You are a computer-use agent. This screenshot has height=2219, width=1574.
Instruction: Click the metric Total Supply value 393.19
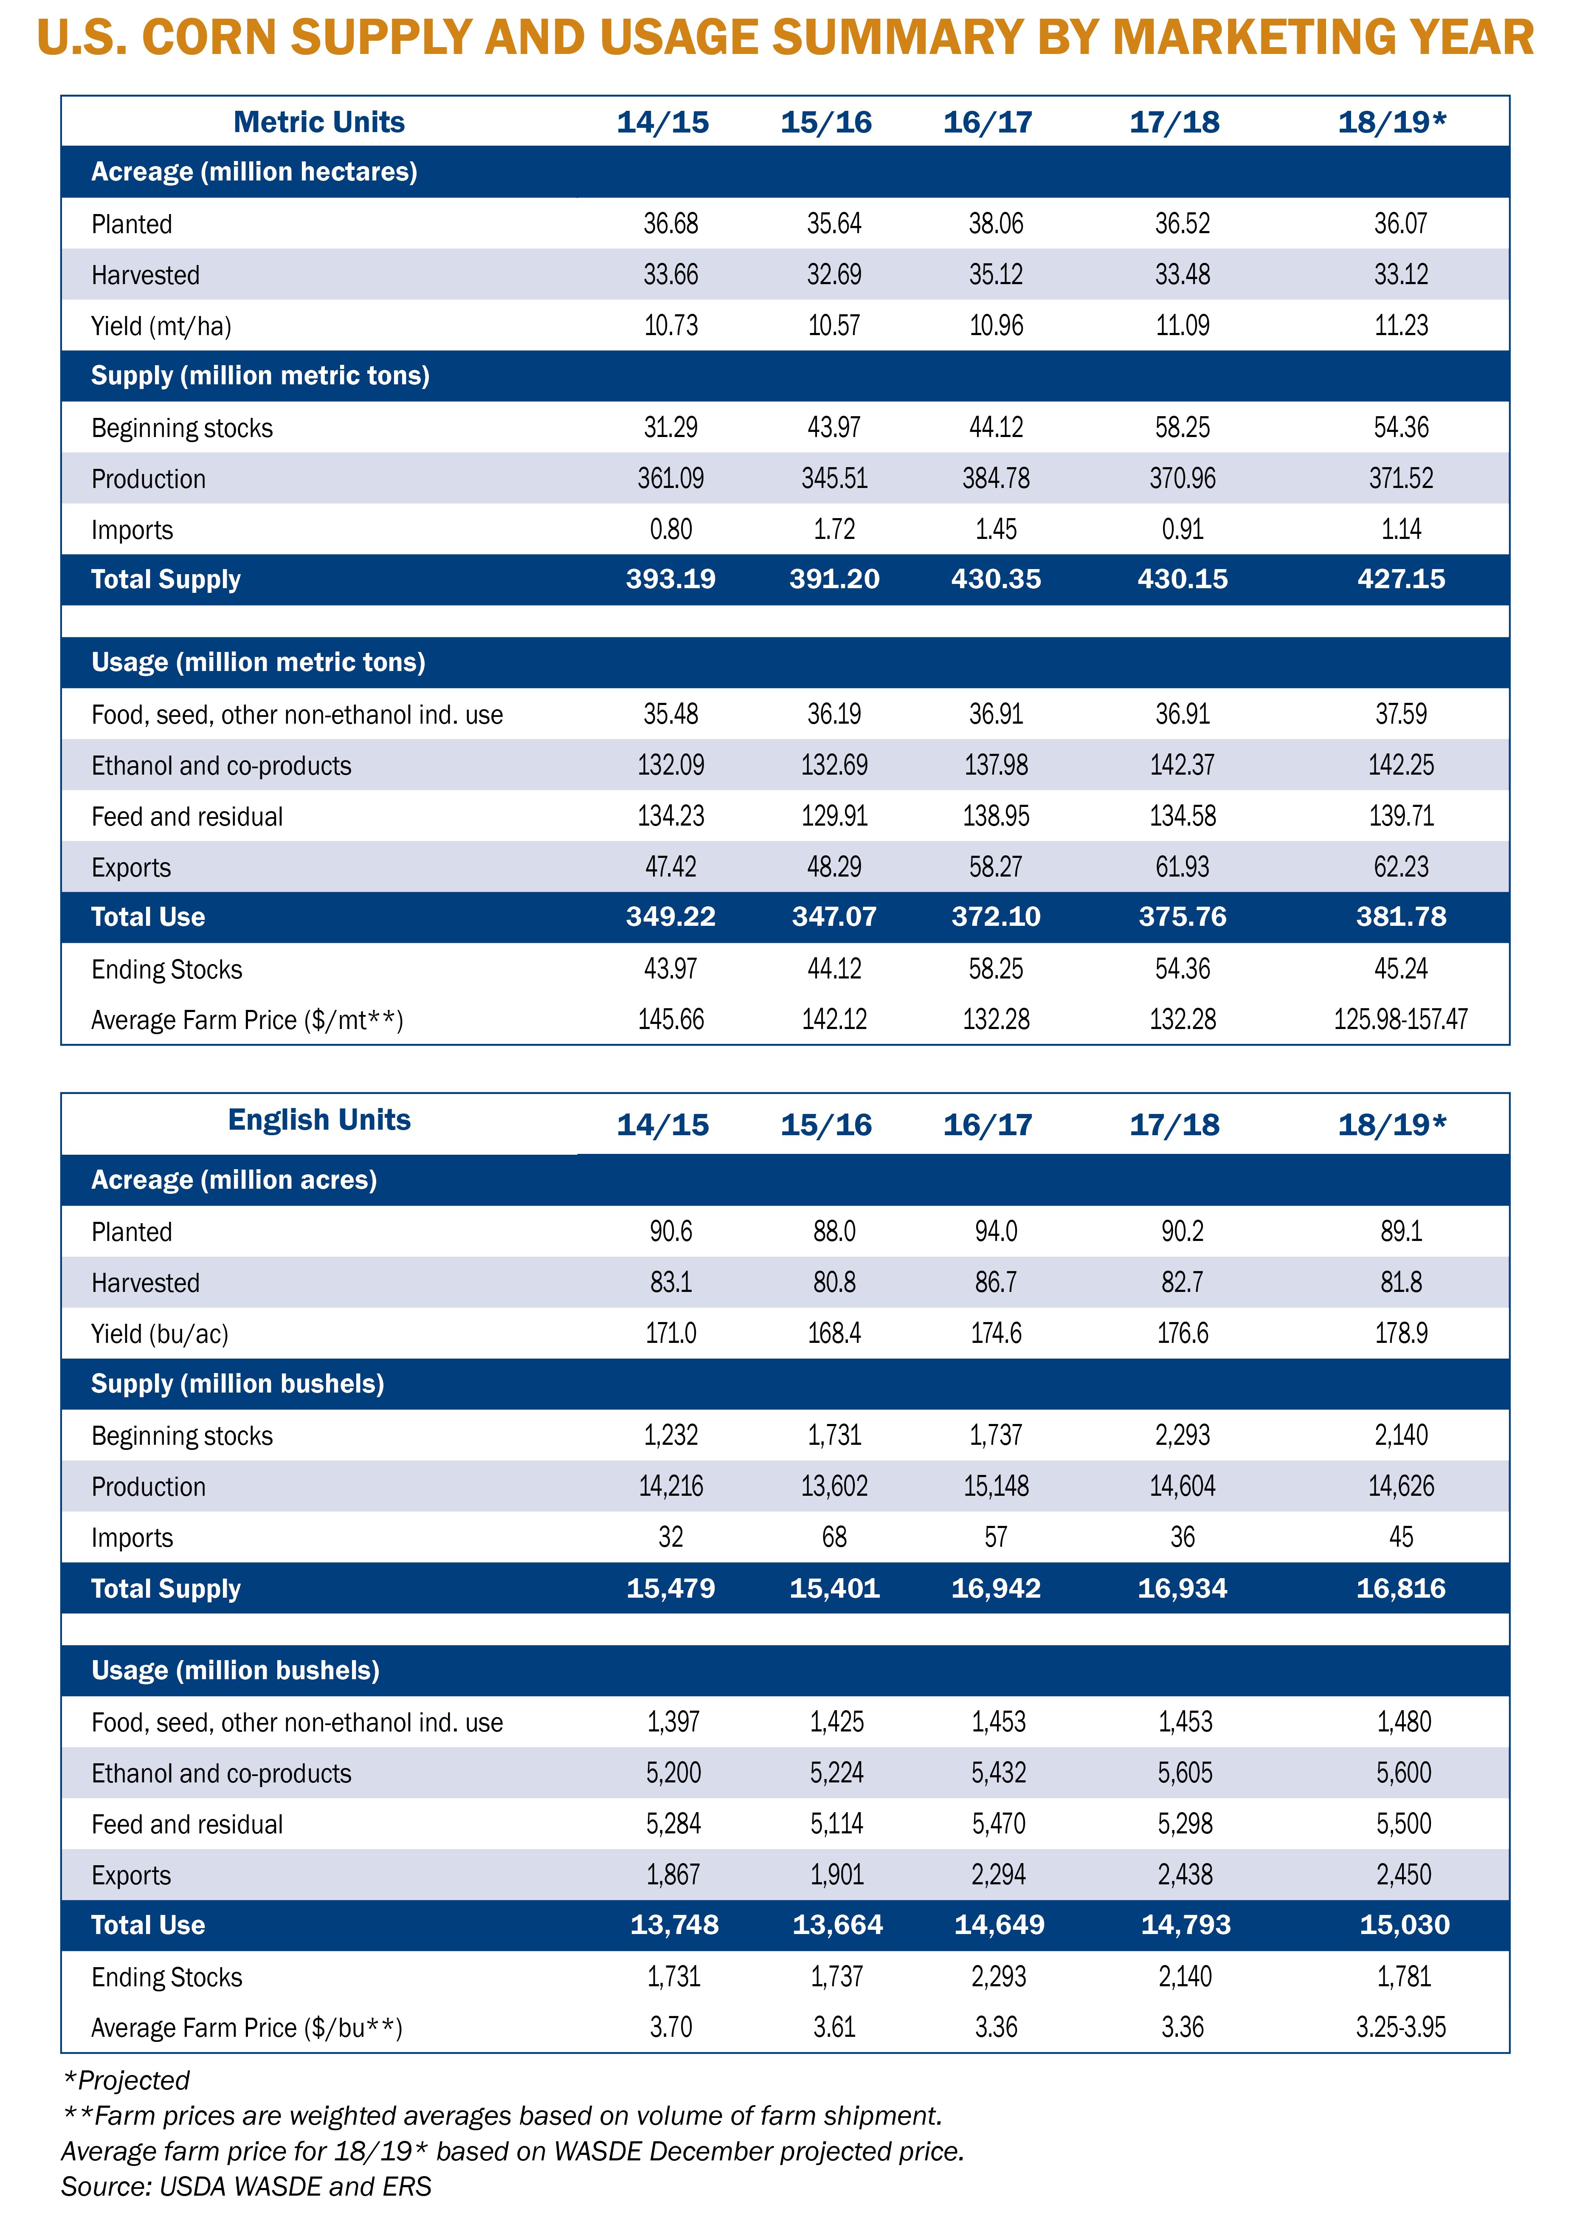671,580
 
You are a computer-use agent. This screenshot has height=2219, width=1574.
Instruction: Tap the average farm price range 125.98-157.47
1400,1020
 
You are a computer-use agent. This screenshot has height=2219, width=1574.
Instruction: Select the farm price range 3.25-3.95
1400,2027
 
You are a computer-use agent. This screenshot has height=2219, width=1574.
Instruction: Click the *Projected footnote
126,2081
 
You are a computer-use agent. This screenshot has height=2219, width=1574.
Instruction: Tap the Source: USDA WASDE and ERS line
246,2186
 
